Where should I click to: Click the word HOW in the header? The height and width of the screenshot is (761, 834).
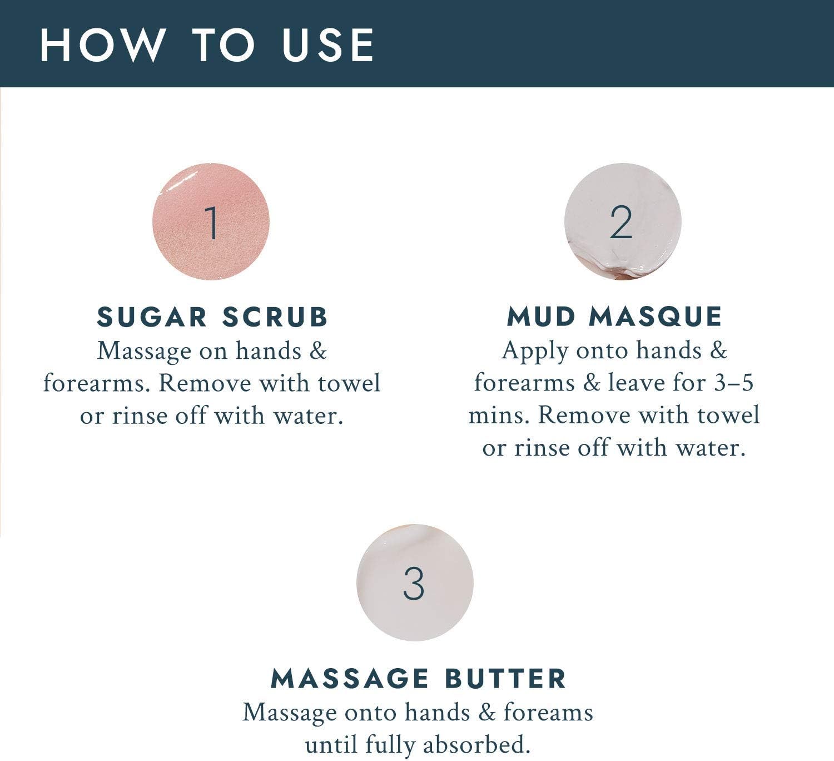[x=102, y=46]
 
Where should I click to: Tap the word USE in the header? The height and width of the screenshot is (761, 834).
[x=328, y=46]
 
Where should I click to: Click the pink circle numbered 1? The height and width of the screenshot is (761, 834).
[x=211, y=222]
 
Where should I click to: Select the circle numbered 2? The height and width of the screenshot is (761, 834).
[x=622, y=222]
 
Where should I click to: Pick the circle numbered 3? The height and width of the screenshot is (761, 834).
[x=415, y=582]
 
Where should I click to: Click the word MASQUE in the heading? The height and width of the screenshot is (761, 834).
[x=656, y=317]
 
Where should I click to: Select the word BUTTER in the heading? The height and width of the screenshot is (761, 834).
[x=505, y=679]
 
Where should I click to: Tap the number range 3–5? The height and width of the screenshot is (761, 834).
[x=733, y=383]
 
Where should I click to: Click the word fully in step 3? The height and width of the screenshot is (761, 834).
[x=390, y=745]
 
